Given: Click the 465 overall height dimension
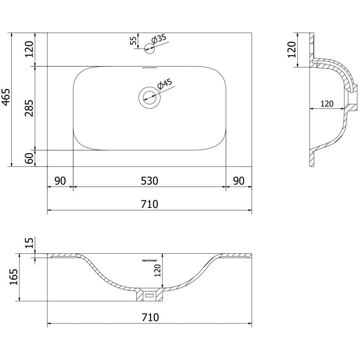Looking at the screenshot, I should [6, 96].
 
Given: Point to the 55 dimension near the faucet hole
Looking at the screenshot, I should [133, 41].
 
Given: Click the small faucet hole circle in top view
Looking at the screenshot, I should [149, 49].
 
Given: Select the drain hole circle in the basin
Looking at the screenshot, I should [149, 95].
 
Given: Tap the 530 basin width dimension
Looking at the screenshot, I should [149, 181].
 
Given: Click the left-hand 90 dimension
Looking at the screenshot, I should [60, 181].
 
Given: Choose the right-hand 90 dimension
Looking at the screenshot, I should [238, 181].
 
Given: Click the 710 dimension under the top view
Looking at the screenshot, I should [149, 204].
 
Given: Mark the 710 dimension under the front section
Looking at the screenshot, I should [149, 317].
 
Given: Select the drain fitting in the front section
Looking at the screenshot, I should [149, 295].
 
